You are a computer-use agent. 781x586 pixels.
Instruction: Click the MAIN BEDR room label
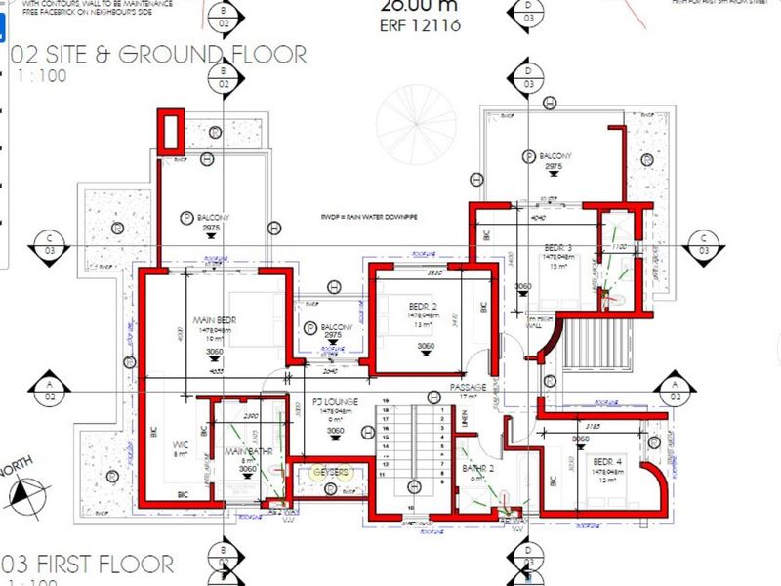point(217,319)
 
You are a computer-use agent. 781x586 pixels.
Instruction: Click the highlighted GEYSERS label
point(330,472)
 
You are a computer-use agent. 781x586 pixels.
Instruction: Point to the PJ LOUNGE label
point(335,401)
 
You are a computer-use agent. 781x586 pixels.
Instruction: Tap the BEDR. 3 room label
point(557,248)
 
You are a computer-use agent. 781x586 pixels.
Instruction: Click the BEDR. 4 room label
point(608,460)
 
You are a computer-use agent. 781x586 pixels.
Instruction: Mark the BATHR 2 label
point(479,468)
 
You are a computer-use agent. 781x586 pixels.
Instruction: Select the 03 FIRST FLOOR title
point(88,564)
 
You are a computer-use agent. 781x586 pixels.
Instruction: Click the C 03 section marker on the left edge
point(49,244)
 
